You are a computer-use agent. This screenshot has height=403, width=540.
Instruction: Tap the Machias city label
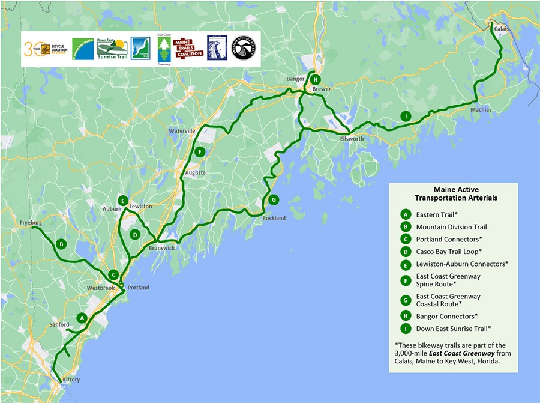pyautogui.click(x=481, y=110)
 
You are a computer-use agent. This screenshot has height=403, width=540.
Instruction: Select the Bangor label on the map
pyautogui.click(x=295, y=79)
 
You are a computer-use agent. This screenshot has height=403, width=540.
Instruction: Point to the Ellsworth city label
pyautogui.click(x=351, y=138)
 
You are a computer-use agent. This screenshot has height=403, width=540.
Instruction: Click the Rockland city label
pyautogui.click(x=274, y=218)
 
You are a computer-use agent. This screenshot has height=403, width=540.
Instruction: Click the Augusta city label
pyautogui.click(x=195, y=172)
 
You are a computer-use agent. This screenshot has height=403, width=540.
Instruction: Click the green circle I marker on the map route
pyautogui.click(x=406, y=117)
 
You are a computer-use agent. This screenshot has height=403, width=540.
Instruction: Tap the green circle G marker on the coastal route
pyautogui.click(x=273, y=199)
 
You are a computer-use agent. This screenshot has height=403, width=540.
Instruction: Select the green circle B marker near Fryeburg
pyautogui.click(x=61, y=244)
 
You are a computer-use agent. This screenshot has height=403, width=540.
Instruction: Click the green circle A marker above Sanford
pyautogui.click(x=82, y=317)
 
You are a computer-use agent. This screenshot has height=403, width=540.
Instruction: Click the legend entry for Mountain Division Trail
pyautogui.click(x=451, y=227)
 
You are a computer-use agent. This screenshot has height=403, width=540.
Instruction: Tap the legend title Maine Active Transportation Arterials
pyautogui.click(x=456, y=193)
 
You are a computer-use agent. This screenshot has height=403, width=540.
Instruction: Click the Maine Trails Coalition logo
pyautogui.click(x=187, y=48)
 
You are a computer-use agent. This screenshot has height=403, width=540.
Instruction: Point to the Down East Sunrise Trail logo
pyautogui.click(x=111, y=49)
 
